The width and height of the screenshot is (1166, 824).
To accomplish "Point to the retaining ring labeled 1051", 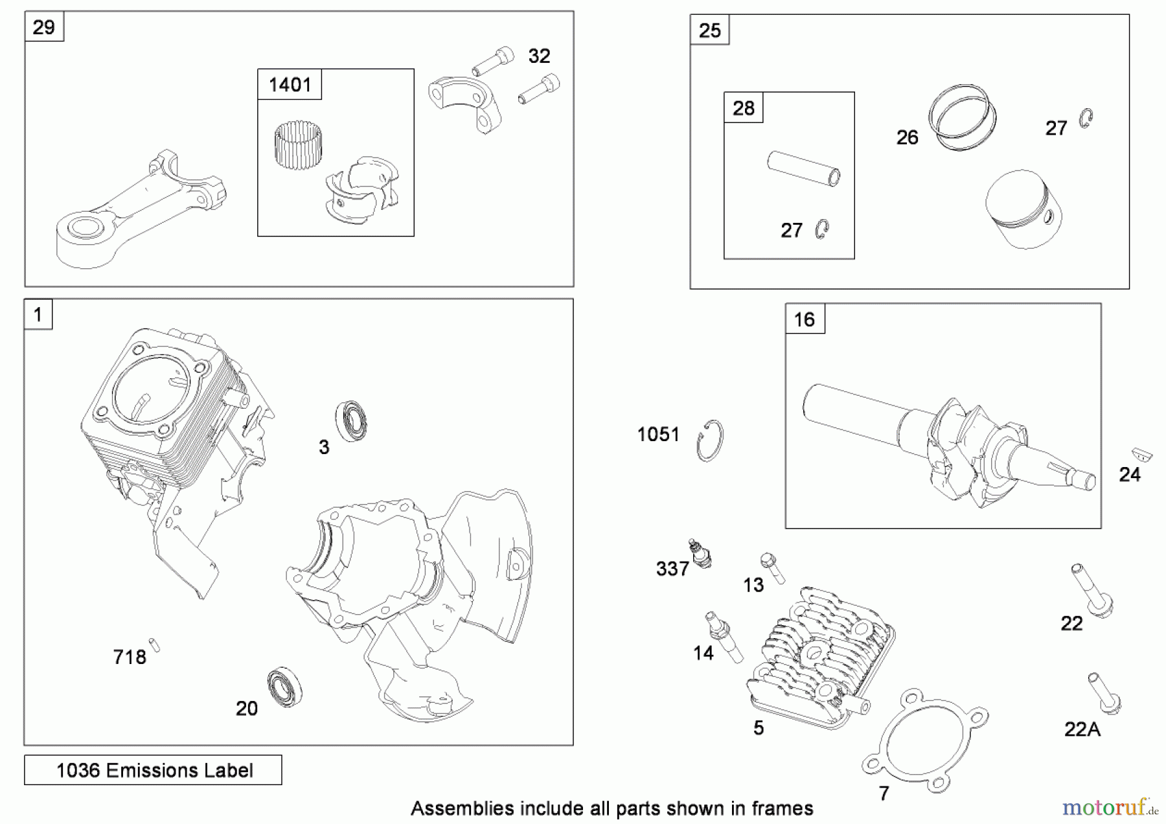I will click(710, 441).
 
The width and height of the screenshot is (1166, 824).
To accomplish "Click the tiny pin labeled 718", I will click(154, 645).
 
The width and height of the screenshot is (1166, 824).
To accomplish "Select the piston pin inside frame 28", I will click(804, 168).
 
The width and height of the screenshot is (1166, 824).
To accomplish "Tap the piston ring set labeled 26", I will click(961, 117).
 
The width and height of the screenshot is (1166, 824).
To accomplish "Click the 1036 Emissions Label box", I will click(154, 770).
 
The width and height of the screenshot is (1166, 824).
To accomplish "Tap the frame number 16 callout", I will click(805, 319).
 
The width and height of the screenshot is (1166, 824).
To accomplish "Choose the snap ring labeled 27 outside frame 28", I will click(1086, 119).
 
